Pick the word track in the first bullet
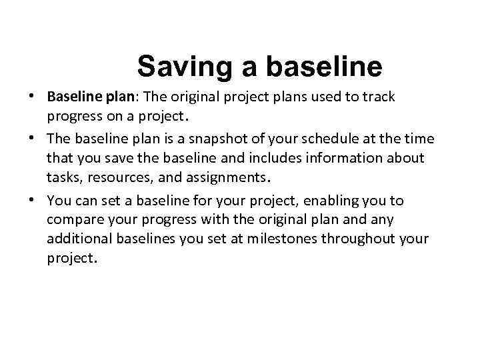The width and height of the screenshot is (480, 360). point(379,97)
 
